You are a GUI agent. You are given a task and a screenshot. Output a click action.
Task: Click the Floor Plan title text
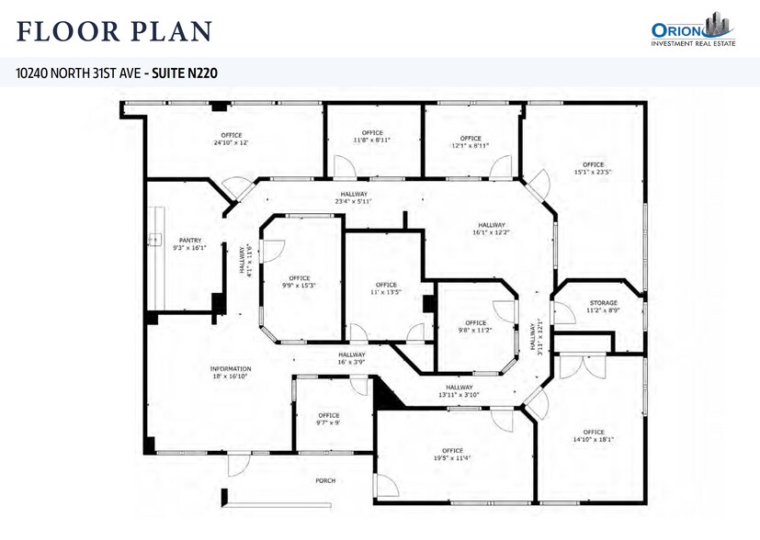pos(115,31)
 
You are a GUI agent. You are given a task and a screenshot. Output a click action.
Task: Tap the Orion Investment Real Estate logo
pos(689,29)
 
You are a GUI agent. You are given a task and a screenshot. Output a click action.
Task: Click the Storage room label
pos(604,307)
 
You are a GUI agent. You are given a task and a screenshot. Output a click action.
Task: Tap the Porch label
pos(324,480)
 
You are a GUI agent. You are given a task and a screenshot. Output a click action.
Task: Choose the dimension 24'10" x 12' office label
pos(231,139)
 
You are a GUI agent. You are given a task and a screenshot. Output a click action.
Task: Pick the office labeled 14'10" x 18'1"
pos(593,435)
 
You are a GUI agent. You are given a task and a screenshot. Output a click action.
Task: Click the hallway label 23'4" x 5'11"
pos(354,197)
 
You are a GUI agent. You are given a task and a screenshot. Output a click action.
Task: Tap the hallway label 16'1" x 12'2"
pos(491,229)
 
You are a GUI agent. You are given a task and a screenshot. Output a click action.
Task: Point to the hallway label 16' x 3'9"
pos(351,358)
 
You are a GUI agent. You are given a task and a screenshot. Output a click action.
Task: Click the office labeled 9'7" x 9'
pos(328,419)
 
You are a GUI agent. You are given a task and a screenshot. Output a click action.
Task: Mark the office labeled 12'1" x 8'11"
pos(470,141)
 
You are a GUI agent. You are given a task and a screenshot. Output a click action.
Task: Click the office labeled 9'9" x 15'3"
pos(299,282)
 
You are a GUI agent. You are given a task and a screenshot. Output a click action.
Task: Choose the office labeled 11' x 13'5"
pos(386,288)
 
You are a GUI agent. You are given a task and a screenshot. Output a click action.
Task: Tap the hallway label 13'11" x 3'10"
pos(459,391)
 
